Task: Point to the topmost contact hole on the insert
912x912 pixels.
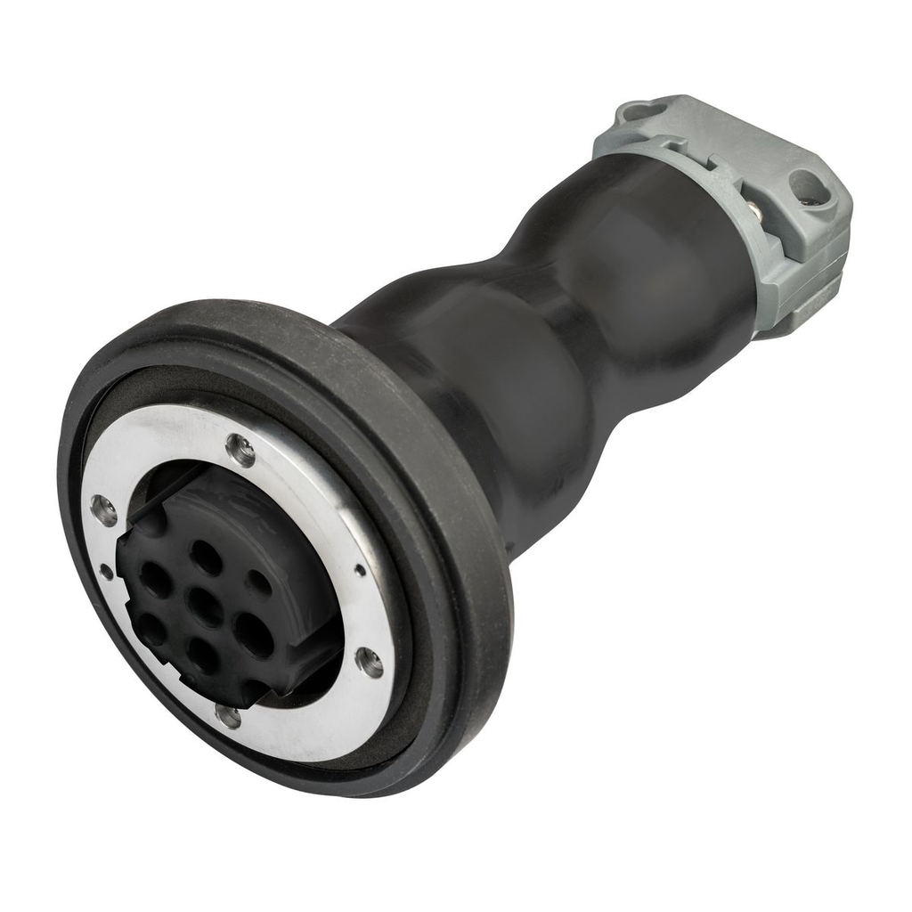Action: click(207, 558)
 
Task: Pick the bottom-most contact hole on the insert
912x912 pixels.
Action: click(203, 657)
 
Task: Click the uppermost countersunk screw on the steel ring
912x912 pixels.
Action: click(240, 450)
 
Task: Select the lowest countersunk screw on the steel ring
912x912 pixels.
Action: click(228, 715)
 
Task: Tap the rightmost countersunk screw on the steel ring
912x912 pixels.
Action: click(368, 662)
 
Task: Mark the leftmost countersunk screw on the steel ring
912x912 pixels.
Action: click(103, 509)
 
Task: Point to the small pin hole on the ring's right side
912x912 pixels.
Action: click(360, 569)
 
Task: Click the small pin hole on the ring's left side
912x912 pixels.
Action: click(107, 571)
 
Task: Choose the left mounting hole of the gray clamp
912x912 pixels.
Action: click(639, 111)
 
